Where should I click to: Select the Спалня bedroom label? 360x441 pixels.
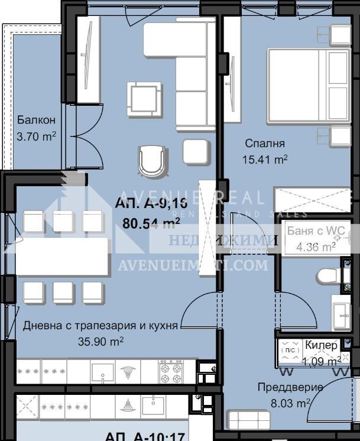(x=265, y=144)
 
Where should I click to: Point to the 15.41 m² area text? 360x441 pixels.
(x=265, y=159)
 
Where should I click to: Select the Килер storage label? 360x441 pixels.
(x=322, y=345)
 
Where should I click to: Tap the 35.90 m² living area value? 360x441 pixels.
(x=100, y=341)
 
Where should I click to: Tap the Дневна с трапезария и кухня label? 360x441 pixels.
(x=100, y=325)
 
